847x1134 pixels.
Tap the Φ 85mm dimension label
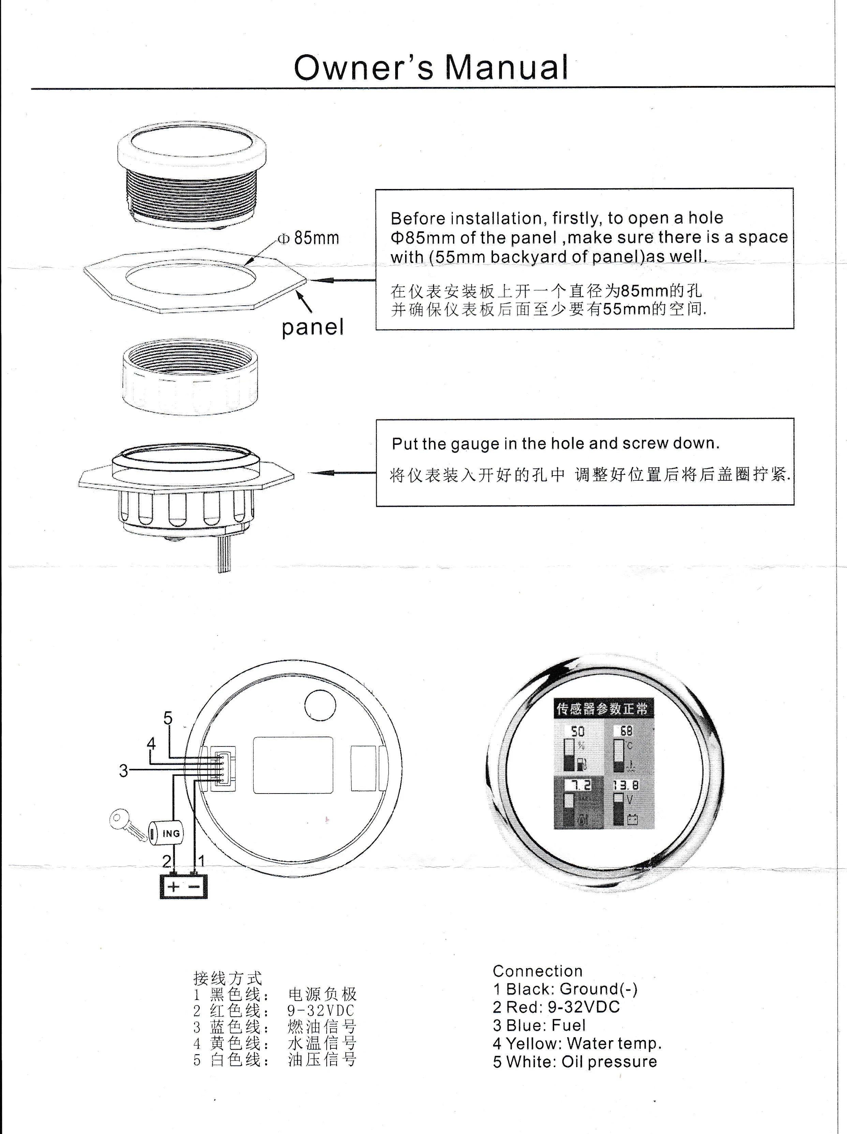(309, 238)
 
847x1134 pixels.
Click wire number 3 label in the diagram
(123, 771)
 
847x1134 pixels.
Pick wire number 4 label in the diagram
(151, 743)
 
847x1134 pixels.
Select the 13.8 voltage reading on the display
(626, 785)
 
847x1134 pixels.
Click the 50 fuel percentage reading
(578, 731)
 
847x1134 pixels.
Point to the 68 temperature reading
(626, 730)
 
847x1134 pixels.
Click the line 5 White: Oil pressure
(575, 1061)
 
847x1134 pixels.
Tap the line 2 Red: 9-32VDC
(556, 1007)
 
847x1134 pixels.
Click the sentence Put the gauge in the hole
(555, 444)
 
